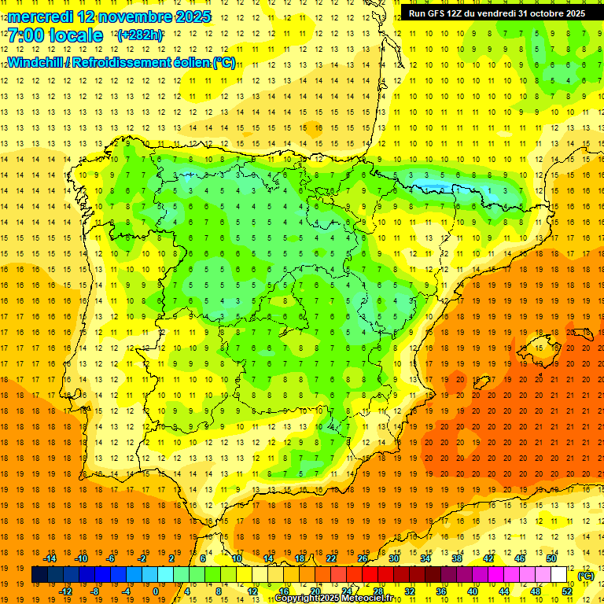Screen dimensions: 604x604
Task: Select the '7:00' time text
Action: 26,36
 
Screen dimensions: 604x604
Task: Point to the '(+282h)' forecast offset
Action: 140,35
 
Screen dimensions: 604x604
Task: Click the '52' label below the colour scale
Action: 567,591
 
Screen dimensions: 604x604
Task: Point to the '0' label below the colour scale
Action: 156,591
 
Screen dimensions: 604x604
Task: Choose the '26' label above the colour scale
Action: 363,558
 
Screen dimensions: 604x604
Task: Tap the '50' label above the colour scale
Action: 551,558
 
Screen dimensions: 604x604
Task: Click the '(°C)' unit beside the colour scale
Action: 585,576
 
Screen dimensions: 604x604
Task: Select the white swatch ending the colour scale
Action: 559,575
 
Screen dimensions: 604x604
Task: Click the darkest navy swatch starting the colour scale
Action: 39,575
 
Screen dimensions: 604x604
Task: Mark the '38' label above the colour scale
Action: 457,558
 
